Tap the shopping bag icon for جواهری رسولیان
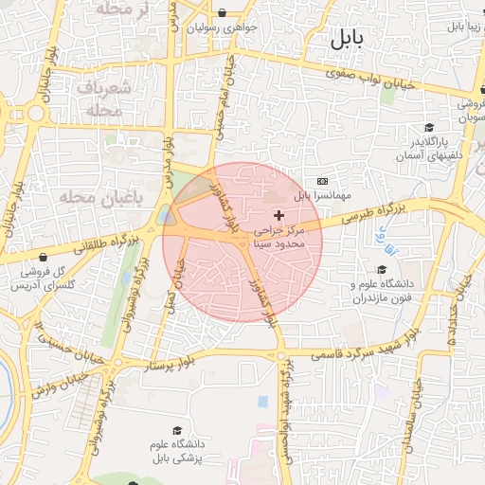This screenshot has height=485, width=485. (x=223, y=13)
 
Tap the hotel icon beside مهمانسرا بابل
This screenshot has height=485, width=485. (x=322, y=181)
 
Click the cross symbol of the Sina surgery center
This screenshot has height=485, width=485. (x=278, y=216)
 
